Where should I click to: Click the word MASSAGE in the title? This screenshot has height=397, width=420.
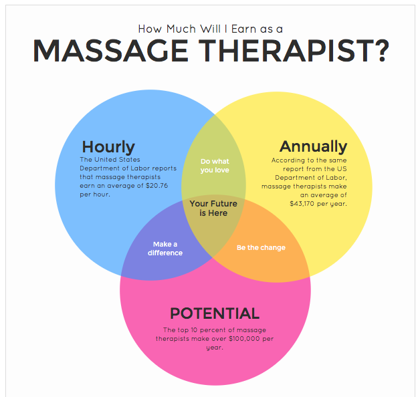(x=110, y=51)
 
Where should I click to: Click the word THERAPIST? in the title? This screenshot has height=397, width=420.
(x=294, y=51)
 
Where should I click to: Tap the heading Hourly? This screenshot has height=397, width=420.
(x=108, y=147)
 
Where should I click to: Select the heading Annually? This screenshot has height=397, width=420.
(x=314, y=146)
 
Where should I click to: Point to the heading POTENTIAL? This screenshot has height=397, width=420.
(x=215, y=313)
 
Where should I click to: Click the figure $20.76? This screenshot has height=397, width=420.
(x=156, y=186)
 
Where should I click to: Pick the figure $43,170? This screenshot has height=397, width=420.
(x=302, y=204)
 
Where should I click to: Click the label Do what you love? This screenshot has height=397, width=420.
(x=215, y=166)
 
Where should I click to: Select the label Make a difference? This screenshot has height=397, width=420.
(x=165, y=249)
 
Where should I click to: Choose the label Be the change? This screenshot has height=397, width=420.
(x=261, y=247)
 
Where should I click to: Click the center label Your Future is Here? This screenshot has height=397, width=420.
(x=213, y=209)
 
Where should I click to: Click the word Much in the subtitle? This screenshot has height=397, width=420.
(x=181, y=29)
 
